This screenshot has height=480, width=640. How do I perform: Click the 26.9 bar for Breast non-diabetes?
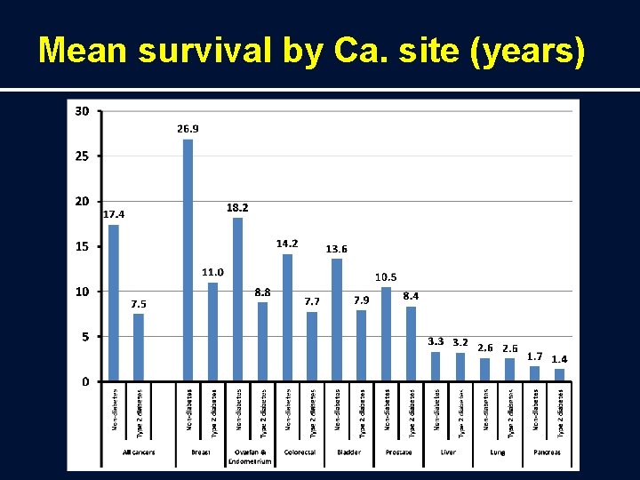[x=188, y=260]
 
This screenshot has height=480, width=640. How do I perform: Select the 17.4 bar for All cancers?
[x=114, y=302]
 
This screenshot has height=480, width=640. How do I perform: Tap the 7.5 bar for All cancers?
[x=139, y=348]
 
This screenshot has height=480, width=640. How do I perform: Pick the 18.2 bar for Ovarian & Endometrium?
[x=237, y=299]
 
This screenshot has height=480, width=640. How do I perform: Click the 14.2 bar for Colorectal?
[x=287, y=317]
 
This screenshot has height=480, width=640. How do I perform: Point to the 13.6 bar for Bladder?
[x=337, y=320]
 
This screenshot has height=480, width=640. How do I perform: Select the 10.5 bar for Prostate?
[x=386, y=334]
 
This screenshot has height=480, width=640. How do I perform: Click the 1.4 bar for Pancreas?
[x=559, y=375]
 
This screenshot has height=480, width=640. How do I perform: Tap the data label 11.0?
[x=212, y=272]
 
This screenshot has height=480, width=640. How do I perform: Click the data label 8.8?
[x=262, y=292]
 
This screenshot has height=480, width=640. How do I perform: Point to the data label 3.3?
[x=436, y=341]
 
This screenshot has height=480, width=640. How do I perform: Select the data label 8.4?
[x=411, y=295]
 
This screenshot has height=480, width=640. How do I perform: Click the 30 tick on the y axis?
[x=82, y=111]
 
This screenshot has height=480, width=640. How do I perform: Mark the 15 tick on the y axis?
[x=82, y=246]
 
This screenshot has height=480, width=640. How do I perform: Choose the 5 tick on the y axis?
[x=84, y=337]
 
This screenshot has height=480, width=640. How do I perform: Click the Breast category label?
[x=200, y=452]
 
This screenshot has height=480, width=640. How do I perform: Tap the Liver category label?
[x=448, y=452]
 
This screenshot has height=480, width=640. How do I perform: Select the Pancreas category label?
[x=548, y=452]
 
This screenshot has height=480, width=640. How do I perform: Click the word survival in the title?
[x=194, y=52]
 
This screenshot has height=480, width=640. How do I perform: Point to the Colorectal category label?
[x=300, y=452]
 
